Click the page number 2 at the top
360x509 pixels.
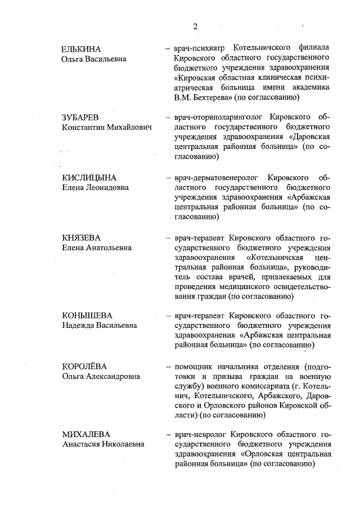point(196,26)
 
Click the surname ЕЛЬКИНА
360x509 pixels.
point(82,48)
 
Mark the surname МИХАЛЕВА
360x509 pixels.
point(86,435)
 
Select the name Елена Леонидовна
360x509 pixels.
point(95,188)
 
